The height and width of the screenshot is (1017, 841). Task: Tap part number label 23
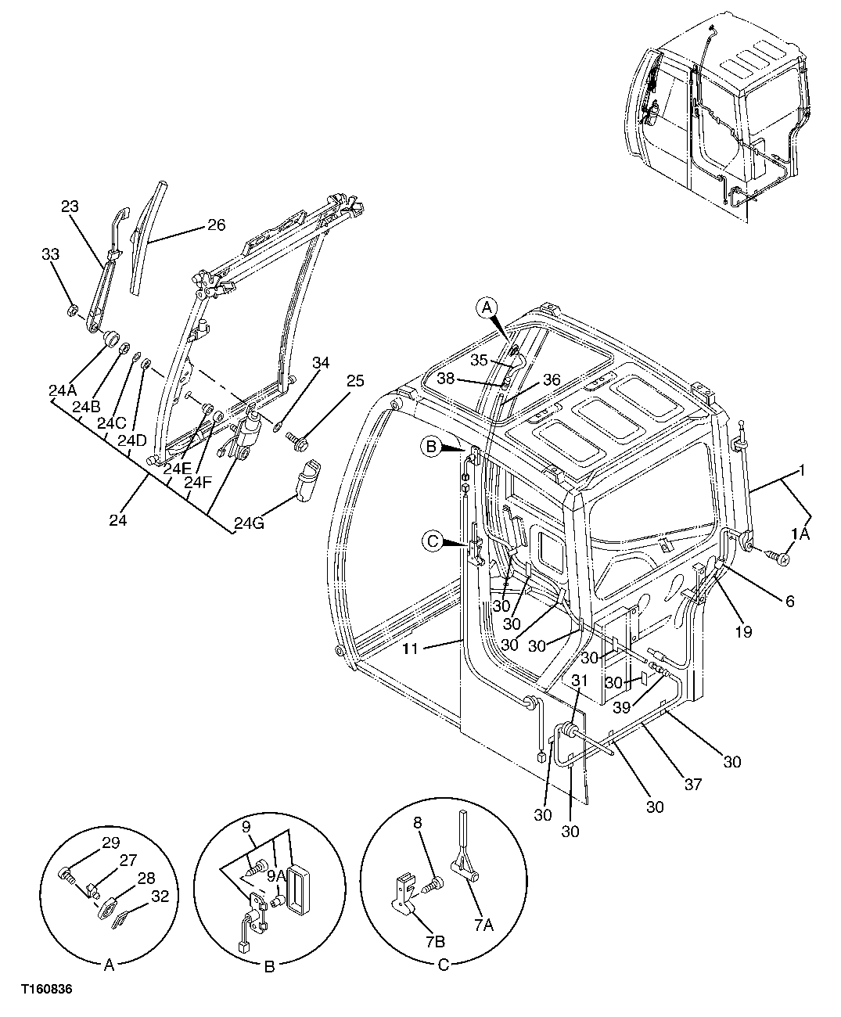click(70, 207)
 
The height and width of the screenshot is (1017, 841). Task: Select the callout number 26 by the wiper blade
click(216, 225)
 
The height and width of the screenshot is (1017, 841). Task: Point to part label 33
click(50, 254)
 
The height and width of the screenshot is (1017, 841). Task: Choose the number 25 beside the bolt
click(355, 381)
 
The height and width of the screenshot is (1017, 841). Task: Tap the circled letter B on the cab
click(429, 447)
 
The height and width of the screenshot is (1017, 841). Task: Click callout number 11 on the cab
click(412, 648)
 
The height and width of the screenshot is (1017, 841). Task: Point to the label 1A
click(801, 534)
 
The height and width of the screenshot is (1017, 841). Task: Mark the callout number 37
click(692, 784)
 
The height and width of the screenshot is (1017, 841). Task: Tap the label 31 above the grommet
click(579, 680)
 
